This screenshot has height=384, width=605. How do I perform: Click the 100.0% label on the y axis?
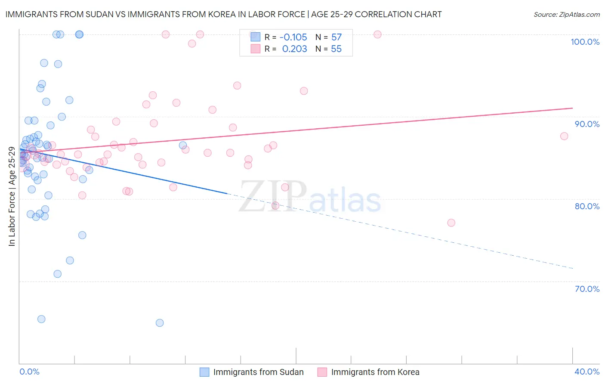pyautogui.click(x=585, y=42)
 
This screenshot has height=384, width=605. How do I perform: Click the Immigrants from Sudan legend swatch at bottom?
pyautogui.click(x=204, y=372)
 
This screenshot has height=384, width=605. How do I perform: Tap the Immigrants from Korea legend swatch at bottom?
pyautogui.click(x=322, y=372)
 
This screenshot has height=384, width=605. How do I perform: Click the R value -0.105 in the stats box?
pyautogui.click(x=293, y=37)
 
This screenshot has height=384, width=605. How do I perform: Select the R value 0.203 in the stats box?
pyautogui.click(x=294, y=49)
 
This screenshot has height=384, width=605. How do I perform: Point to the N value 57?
pyautogui.click(x=336, y=37)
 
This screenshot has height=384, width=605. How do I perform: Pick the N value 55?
pyautogui.click(x=336, y=49)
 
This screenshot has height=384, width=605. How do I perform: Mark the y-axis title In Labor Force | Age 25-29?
pyautogui.click(x=12, y=196)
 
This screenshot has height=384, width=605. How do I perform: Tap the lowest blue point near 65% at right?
pyautogui.click(x=160, y=323)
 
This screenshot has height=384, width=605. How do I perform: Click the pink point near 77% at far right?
pyautogui.click(x=451, y=223)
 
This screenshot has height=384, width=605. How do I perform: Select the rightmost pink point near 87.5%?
pyautogui.click(x=564, y=136)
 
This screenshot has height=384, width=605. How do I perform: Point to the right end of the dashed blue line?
pyautogui.click(x=573, y=268)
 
